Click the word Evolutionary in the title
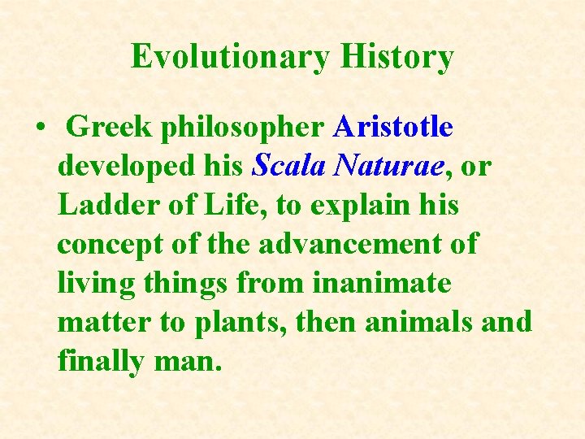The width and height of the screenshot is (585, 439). [x=230, y=58]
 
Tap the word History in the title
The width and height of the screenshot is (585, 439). [x=396, y=58]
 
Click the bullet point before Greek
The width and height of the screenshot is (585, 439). [x=39, y=128]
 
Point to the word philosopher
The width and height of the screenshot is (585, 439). [x=245, y=128]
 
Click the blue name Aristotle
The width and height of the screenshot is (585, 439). [x=393, y=128]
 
